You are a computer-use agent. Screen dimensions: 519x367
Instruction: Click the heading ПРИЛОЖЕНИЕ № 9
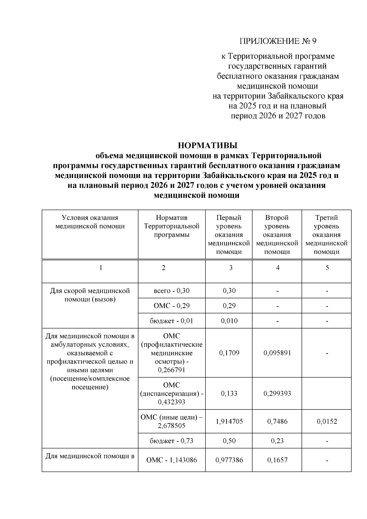[x=278, y=41]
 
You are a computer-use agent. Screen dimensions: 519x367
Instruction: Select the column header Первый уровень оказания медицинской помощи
[x=229, y=235]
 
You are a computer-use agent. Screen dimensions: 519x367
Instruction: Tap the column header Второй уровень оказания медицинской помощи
[x=277, y=235]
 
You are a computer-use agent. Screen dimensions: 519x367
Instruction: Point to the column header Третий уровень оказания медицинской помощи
[x=326, y=235]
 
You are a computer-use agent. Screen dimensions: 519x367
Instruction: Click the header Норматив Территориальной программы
[x=172, y=226]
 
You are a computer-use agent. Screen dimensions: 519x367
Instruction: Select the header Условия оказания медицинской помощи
[x=90, y=222]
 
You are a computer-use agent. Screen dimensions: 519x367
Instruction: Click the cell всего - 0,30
[x=172, y=291]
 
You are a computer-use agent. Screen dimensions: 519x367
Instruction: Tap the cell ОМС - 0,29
[x=172, y=306]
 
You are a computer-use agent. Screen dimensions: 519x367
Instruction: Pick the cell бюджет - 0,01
[x=172, y=321]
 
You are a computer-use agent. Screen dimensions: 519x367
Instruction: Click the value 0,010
[x=229, y=321]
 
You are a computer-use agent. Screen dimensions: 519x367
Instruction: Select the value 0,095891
[x=277, y=353]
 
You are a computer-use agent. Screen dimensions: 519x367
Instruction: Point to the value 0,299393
[x=277, y=393]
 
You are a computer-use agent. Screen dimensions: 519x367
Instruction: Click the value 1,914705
[x=229, y=421]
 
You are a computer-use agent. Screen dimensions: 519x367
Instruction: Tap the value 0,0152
[x=327, y=421]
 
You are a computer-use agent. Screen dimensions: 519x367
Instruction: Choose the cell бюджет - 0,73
[x=172, y=441]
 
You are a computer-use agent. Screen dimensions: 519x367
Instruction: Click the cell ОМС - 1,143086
[x=172, y=460]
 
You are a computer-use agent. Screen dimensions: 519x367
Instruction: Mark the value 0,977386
[x=229, y=460]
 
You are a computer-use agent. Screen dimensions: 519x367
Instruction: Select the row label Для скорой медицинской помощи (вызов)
[x=90, y=295]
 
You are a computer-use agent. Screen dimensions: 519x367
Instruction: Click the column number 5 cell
[x=327, y=268]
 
